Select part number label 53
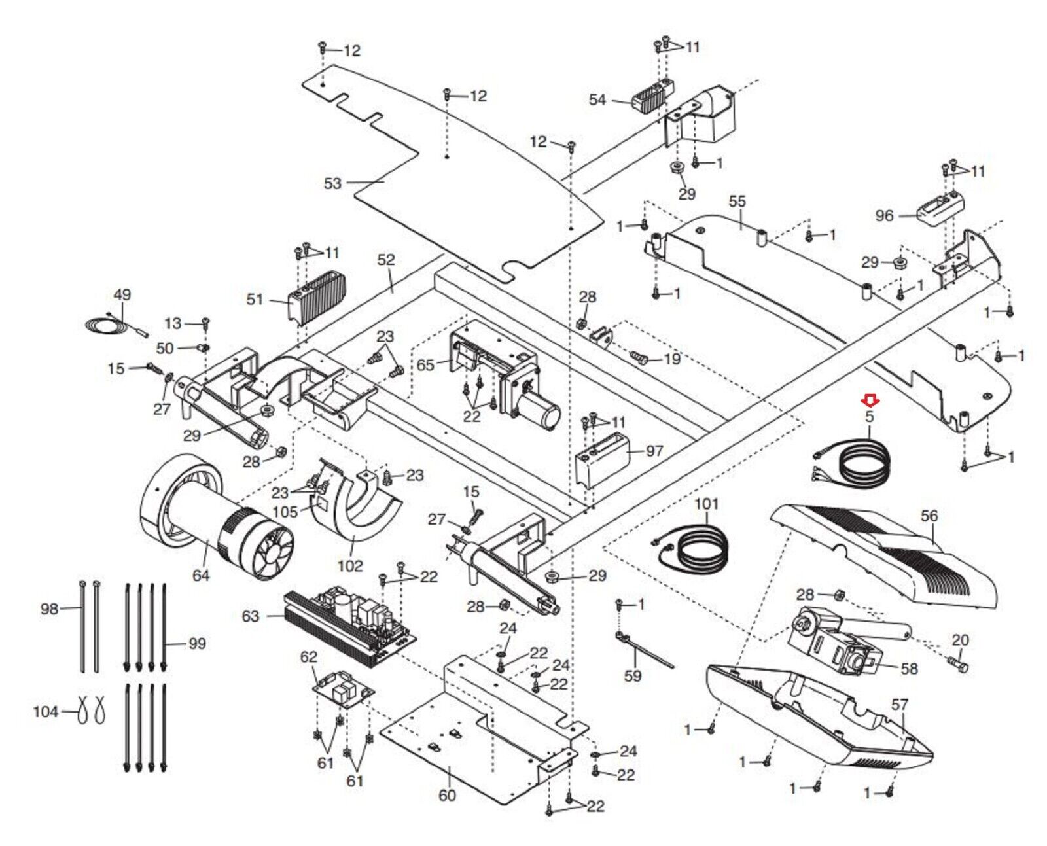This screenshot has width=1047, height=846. coord(332,183)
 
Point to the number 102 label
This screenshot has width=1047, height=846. coord(350,566)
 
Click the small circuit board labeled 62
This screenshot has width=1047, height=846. coord(344,690)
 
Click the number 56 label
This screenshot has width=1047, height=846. coord(929,516)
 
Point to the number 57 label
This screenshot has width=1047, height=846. coord(899,705)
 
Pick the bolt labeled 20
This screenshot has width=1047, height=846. coord(957,666)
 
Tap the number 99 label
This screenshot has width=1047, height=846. coord(197,643)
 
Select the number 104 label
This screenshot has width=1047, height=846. coord(45,711)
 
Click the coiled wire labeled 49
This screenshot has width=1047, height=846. coord(116,325)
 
